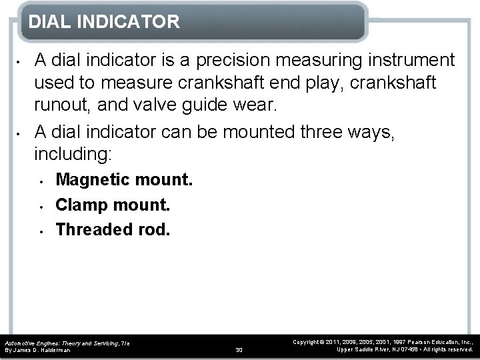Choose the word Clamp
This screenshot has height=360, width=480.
(x=79, y=205)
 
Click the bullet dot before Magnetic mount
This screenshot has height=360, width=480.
(x=41, y=181)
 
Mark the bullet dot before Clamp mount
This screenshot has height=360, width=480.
(x=41, y=205)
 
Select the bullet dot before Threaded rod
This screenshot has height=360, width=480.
(x=41, y=231)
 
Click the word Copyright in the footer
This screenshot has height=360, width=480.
(x=308, y=341)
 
